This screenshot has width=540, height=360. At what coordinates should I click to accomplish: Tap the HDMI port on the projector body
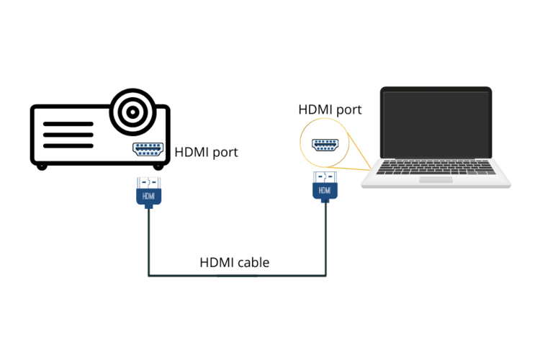tap(148, 150)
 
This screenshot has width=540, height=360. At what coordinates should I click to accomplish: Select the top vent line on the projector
tap(68, 124)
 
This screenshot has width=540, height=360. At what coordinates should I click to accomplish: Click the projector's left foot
tap(42, 166)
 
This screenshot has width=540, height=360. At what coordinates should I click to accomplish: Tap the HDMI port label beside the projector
tap(206, 153)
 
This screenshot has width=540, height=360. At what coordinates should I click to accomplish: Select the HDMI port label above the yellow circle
tap(330, 109)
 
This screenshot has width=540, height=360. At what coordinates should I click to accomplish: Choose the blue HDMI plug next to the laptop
tap(325, 191)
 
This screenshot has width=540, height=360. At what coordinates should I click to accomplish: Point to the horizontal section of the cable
tap(238, 275)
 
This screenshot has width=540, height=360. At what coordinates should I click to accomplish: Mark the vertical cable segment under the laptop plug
tap(326, 238)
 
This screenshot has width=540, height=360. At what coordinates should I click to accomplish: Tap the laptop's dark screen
tap(436, 124)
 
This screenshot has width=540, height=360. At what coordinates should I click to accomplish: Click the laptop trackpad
tap(436, 179)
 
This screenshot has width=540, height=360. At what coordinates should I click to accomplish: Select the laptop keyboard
tap(436, 167)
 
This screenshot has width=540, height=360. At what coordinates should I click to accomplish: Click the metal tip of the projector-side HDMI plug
tap(148, 181)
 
